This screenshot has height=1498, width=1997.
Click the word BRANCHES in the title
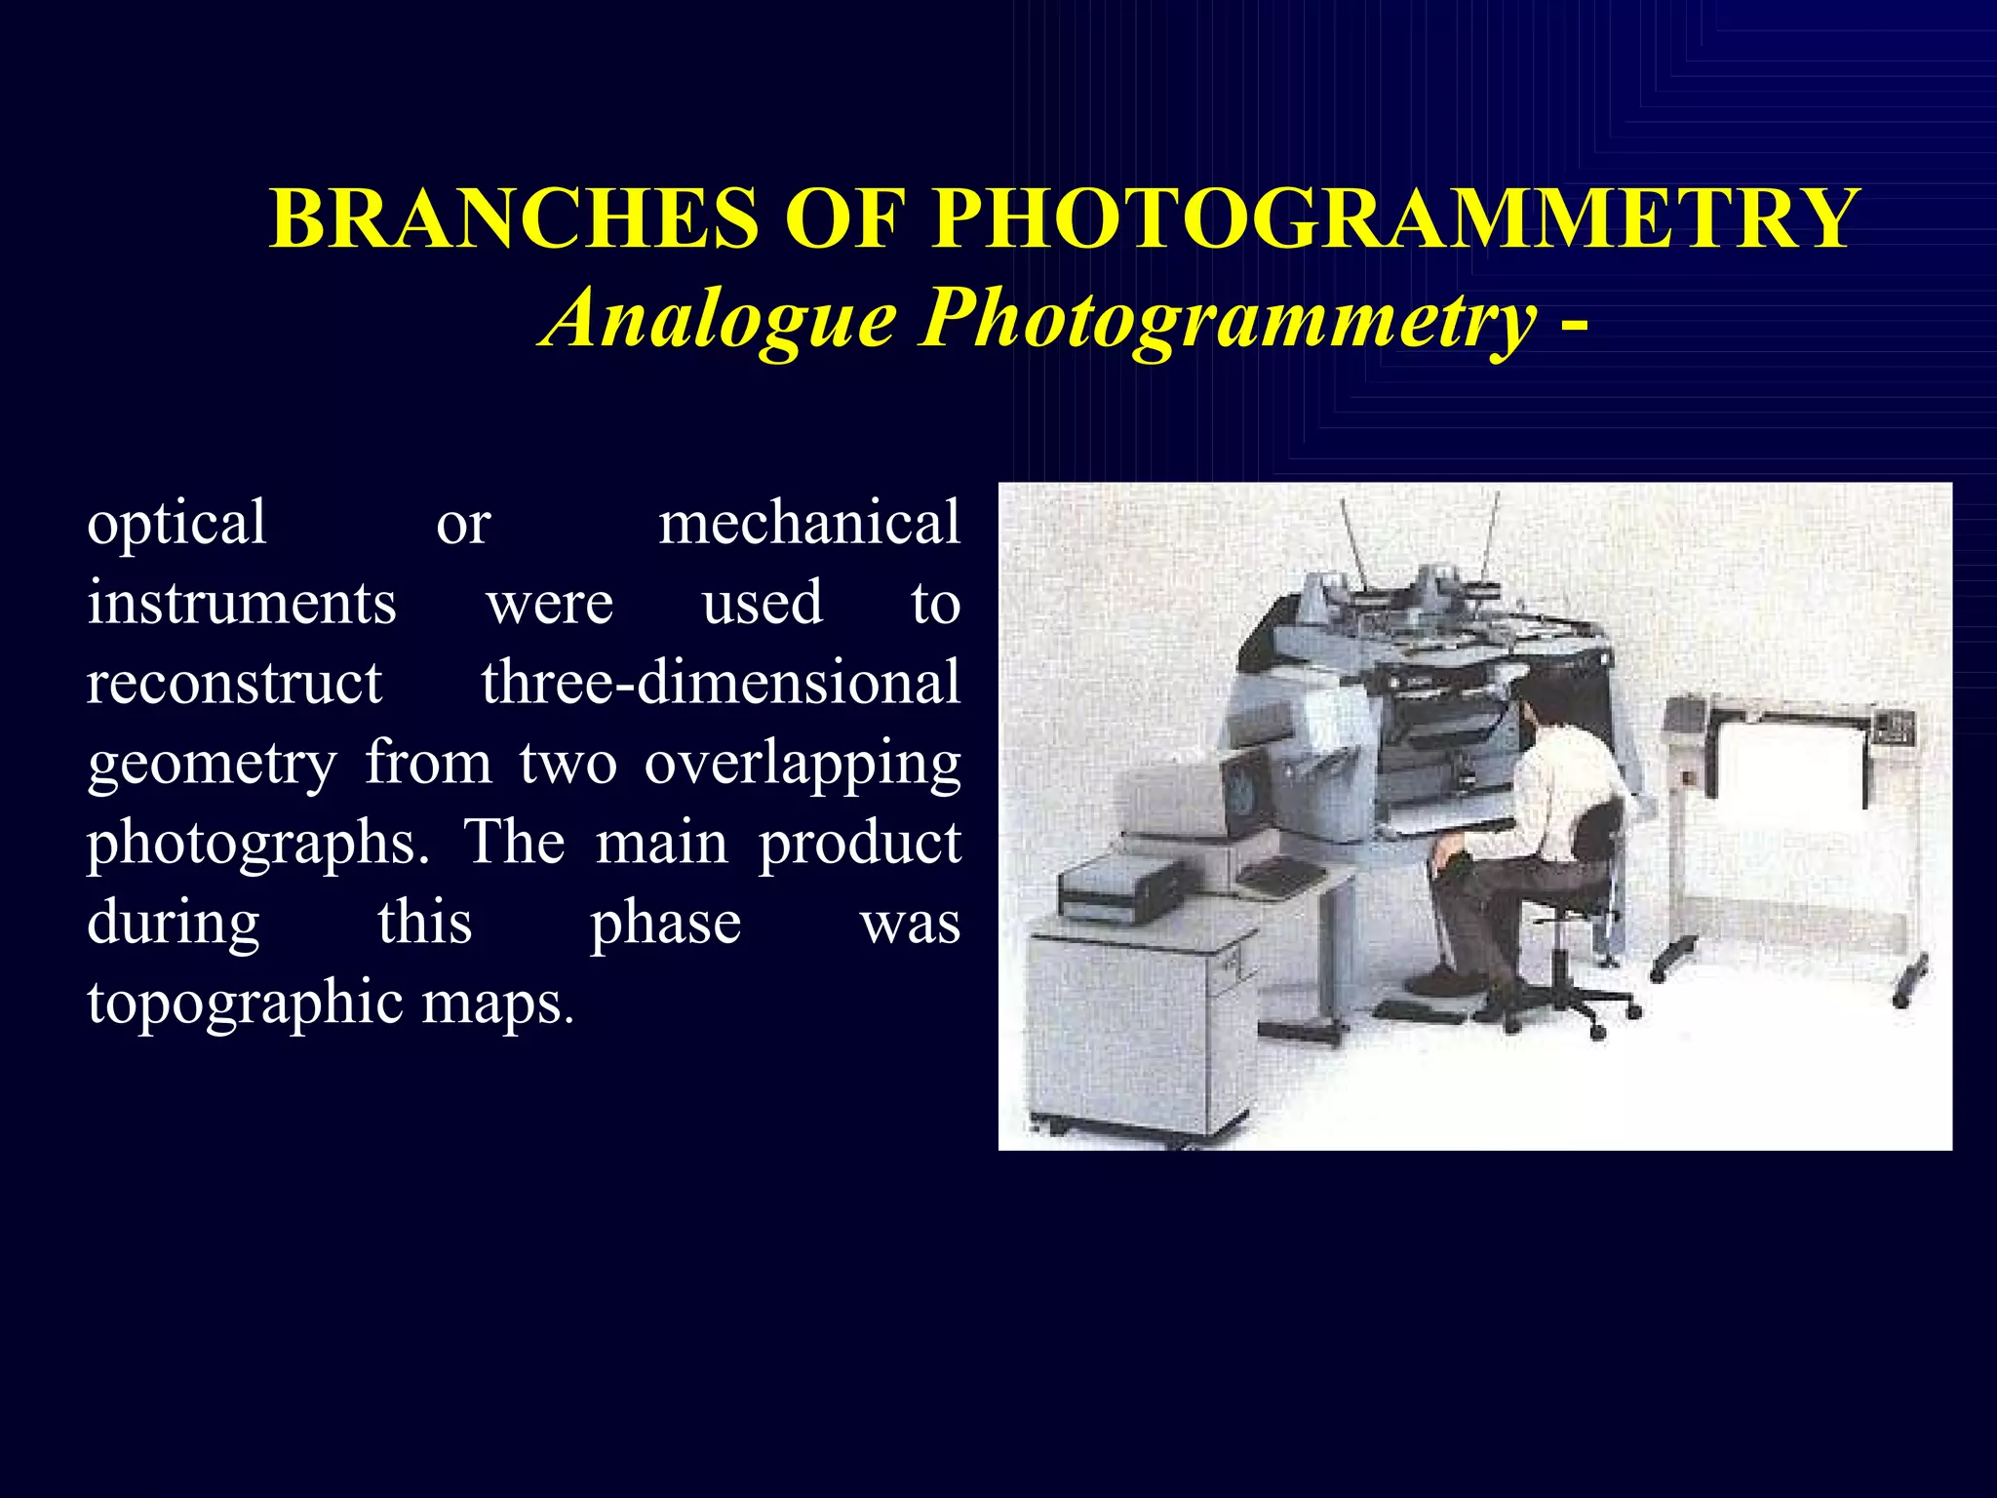coord(514,218)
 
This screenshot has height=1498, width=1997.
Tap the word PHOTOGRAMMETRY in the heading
coord(1393,218)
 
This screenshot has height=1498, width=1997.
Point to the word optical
coord(176,525)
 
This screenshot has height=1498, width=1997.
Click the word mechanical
coord(809,523)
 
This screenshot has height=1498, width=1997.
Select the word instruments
coord(242,603)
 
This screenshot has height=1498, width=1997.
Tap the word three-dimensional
coord(721,682)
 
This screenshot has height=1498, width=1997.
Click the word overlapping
coord(803,765)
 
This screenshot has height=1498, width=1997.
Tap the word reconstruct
coord(234,683)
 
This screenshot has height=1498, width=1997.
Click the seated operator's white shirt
coord(1564,780)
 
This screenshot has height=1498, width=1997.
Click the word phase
coord(666,925)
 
